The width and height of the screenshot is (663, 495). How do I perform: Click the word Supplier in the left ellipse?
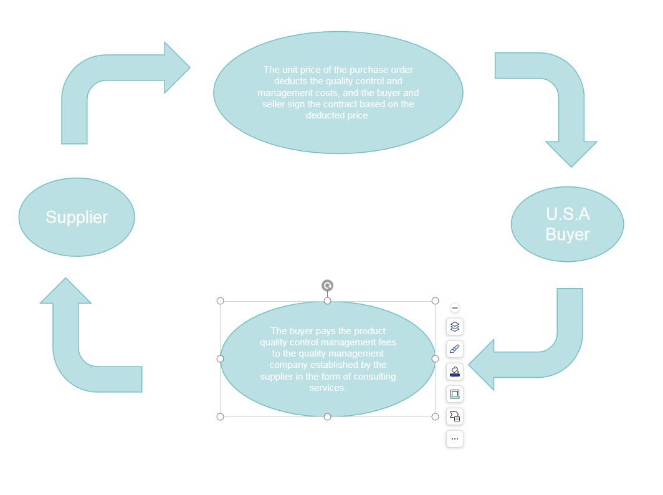(x=77, y=218)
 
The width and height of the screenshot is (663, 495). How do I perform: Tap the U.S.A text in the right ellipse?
(x=568, y=214)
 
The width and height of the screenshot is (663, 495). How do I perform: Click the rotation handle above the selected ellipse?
(x=327, y=286)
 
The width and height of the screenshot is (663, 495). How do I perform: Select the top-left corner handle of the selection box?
(x=221, y=301)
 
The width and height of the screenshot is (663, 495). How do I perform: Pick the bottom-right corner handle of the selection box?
(x=435, y=416)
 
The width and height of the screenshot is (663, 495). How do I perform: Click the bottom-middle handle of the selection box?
(x=327, y=416)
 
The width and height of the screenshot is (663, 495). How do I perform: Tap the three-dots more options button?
(x=454, y=439)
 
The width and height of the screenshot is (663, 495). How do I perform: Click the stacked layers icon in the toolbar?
(x=454, y=327)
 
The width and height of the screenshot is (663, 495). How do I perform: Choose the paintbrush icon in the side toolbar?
(x=454, y=349)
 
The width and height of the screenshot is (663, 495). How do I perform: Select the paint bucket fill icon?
(x=454, y=372)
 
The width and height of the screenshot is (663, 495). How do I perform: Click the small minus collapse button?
(x=454, y=308)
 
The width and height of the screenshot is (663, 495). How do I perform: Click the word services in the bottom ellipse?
(x=327, y=388)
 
